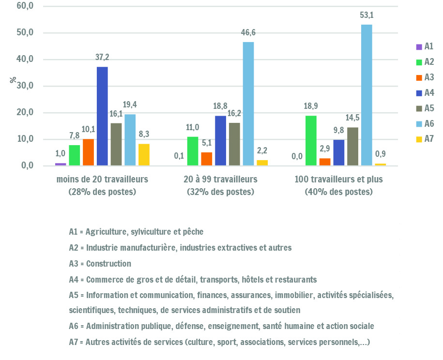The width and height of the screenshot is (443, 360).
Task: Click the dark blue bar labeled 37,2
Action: (x=102, y=116)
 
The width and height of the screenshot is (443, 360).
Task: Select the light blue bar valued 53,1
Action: (x=367, y=95)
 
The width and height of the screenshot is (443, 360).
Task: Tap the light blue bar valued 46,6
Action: (x=248, y=104)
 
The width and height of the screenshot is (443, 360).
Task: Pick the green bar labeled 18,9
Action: (x=311, y=141)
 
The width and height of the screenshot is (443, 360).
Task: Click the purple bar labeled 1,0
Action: (x=61, y=165)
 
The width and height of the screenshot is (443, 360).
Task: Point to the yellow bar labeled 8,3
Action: (x=144, y=155)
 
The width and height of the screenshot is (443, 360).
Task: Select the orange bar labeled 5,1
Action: (x=207, y=159)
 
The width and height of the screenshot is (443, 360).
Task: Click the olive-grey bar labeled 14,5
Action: (x=352, y=147)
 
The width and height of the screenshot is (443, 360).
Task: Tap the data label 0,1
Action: (x=179, y=156)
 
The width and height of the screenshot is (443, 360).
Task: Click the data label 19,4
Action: (x=130, y=105)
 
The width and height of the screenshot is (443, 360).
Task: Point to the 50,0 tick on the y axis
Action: (x=25, y=32)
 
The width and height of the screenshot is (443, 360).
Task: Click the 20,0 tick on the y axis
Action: (x=25, y=112)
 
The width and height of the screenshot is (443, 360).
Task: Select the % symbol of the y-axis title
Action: (x=13, y=80)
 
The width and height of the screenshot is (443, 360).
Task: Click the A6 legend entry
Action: (x=425, y=124)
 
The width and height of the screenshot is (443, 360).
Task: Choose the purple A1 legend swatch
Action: (x=419, y=47)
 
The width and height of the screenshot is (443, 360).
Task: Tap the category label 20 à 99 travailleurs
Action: (x=220, y=180)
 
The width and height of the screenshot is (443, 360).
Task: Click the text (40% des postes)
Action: (x=338, y=192)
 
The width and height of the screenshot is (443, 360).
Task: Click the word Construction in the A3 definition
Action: (x=108, y=264)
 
